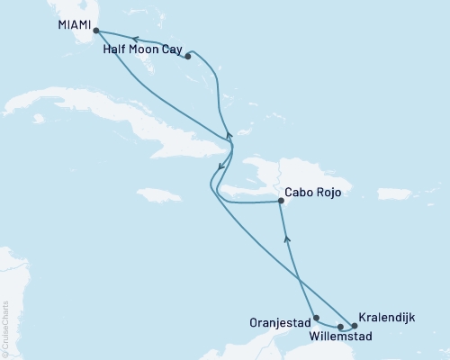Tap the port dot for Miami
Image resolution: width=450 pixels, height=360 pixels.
(x=95, y=31)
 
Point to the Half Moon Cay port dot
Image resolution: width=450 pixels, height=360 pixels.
(x=187, y=57)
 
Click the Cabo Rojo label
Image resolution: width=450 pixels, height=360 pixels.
(x=312, y=192)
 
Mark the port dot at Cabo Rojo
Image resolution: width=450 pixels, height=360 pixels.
(x=282, y=202)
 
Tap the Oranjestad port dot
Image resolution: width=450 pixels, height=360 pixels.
(x=316, y=318)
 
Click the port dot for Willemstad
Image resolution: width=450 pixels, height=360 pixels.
(x=340, y=327)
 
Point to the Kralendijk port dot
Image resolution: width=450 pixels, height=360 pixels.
(x=354, y=326)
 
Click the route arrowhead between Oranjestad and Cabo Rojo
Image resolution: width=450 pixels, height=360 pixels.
(x=287, y=238)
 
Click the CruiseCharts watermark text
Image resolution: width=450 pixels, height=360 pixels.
(x=5, y=323)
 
